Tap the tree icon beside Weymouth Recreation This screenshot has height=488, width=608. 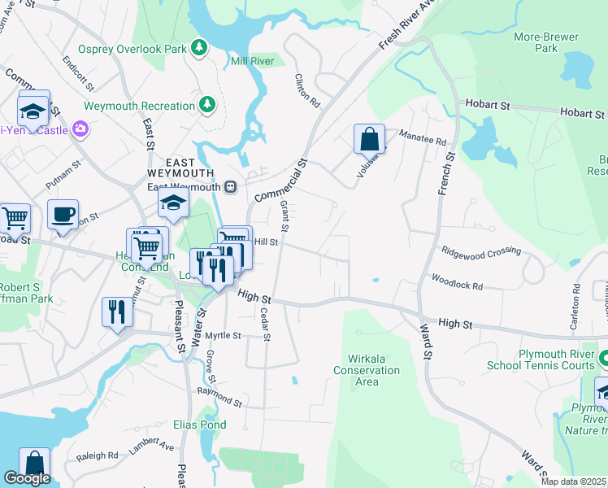(208, 105)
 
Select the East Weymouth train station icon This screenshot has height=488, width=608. (231, 187)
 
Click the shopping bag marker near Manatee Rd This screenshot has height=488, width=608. (369, 139)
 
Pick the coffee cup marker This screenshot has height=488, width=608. (63, 215)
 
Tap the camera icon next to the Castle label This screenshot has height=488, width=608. (80, 129)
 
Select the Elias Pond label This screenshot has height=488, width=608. (199, 425)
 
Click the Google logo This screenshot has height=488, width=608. (27, 478)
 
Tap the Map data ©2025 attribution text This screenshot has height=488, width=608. (573, 481)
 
